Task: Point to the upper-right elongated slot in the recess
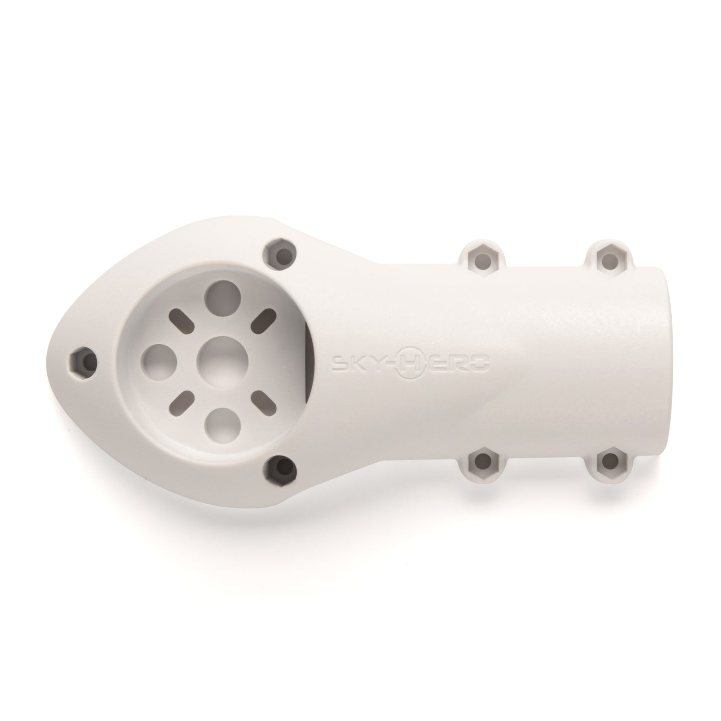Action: tap(265, 318)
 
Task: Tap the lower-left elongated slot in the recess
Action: tap(183, 401)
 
